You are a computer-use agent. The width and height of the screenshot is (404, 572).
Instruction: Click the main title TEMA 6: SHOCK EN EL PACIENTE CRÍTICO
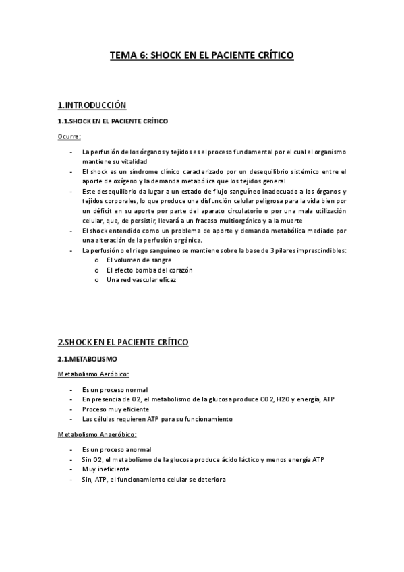(202, 57)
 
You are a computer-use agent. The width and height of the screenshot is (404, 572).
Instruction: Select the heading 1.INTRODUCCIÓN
(92, 105)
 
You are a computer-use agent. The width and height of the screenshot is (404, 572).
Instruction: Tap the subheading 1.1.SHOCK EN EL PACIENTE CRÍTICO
(113, 121)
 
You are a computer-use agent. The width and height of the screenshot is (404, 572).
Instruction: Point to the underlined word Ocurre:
(69, 137)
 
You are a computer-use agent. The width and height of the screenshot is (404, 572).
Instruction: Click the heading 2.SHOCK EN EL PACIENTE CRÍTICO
(123, 342)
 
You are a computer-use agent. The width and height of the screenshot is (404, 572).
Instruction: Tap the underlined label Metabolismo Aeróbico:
(94, 374)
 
